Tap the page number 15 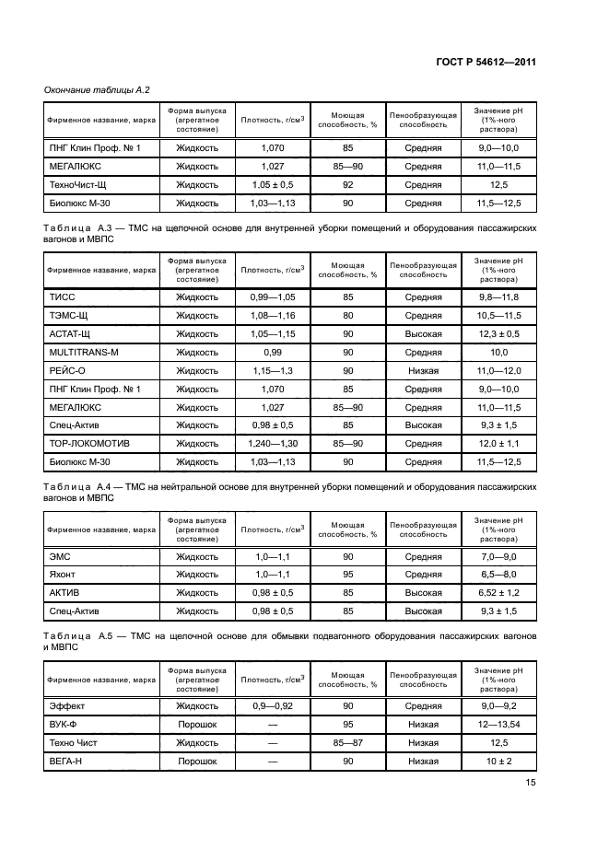point(531,783)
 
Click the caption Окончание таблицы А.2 point(97,89)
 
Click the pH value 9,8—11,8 point(498,297)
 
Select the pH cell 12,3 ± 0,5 point(498,333)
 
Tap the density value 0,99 point(272,352)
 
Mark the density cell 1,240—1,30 point(272,443)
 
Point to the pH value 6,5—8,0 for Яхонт point(498,575)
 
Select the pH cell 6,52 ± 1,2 point(498,592)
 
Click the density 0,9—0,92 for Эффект point(272,706)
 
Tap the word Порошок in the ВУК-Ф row point(196,725)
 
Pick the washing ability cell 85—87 point(347,742)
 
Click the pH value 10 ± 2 point(498,761)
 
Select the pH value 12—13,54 point(498,725)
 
